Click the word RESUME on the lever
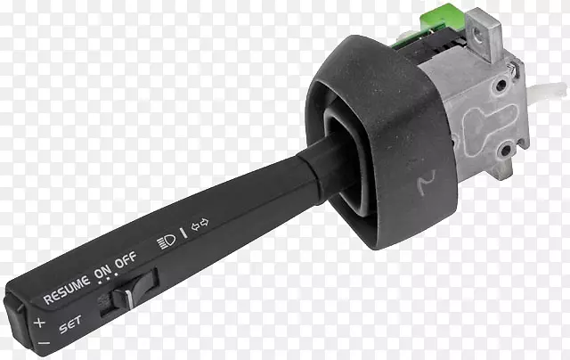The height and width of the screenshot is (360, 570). [67, 290]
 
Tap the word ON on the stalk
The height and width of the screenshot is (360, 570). [103, 272]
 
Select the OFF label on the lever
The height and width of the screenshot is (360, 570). [126, 259]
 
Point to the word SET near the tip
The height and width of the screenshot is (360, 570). [70, 323]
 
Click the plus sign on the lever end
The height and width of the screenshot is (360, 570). [39, 323]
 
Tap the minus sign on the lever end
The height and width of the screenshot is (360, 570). [44, 342]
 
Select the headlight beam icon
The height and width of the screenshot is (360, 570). [167, 241]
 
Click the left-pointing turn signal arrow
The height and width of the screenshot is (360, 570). [196, 226]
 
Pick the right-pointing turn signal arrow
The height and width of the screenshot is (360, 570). [205, 222]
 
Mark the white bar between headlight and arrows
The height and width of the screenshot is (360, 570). [183, 233]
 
